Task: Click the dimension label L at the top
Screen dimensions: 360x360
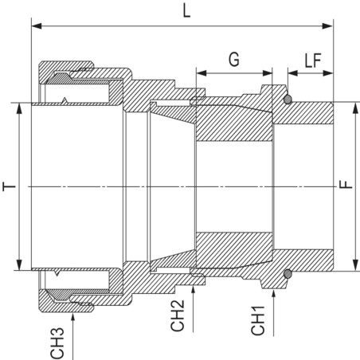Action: click(x=187, y=11)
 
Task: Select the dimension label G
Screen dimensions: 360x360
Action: click(x=234, y=60)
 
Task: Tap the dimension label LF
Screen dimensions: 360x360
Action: click(x=313, y=61)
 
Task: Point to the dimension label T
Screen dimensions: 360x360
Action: click(x=10, y=186)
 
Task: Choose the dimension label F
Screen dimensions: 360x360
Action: click(x=346, y=184)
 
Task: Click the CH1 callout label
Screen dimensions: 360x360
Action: click(x=258, y=320)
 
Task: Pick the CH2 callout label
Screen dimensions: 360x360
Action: click(x=178, y=315)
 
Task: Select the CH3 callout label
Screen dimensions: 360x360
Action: click(x=57, y=343)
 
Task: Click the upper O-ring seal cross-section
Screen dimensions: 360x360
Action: click(x=288, y=100)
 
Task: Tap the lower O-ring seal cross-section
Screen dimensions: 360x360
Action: click(x=288, y=274)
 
